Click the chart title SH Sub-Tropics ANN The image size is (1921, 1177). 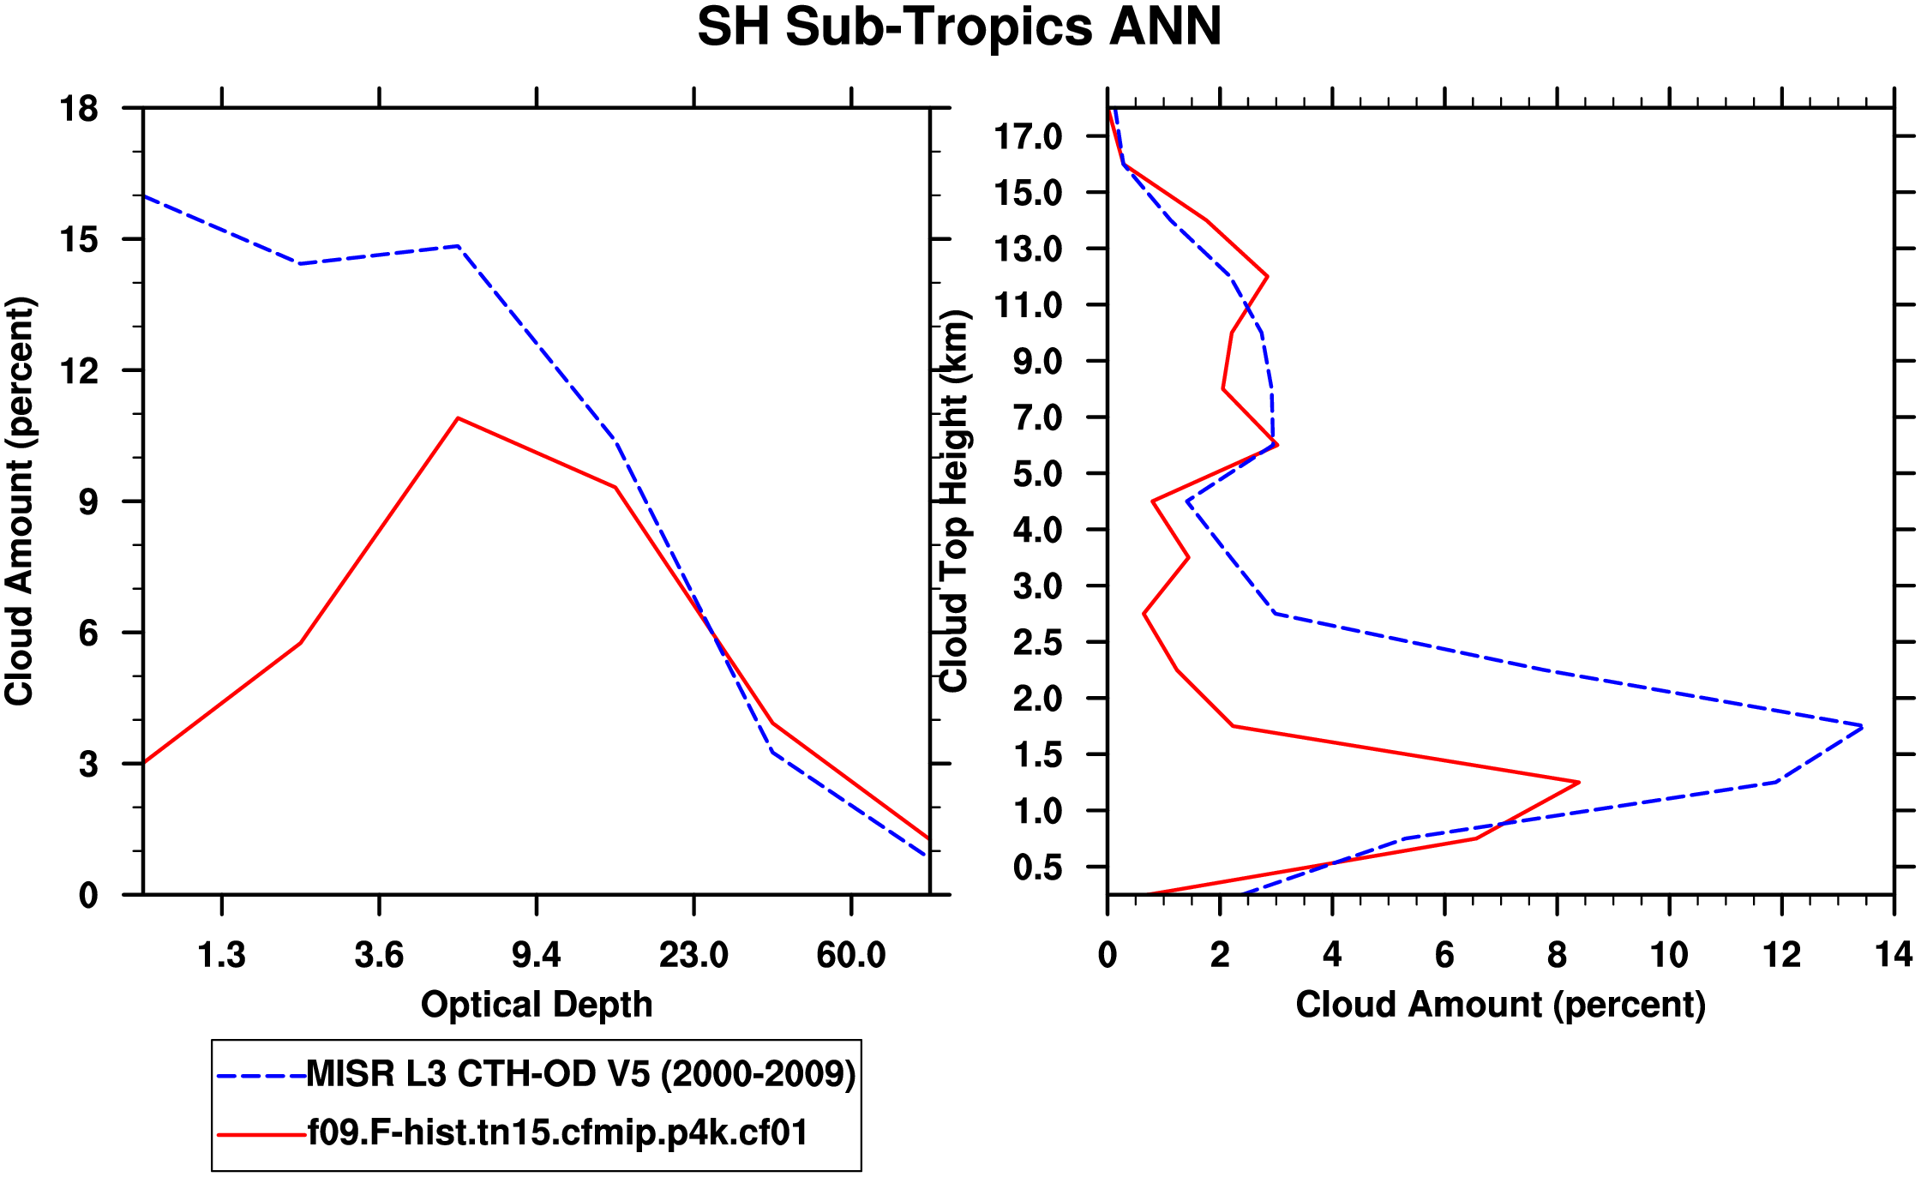[x=959, y=27]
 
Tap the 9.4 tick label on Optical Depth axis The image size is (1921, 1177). [x=536, y=954]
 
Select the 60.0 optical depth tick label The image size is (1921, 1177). [x=850, y=954]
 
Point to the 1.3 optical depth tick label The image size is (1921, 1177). [x=221, y=954]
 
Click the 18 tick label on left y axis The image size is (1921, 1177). [x=79, y=109]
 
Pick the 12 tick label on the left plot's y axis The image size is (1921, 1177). [x=79, y=370]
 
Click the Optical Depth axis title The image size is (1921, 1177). [x=537, y=1004]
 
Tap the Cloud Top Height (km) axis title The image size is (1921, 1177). [x=953, y=501]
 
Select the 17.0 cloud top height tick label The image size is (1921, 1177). [x=1027, y=136]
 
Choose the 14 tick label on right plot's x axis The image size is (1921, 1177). [x=1894, y=954]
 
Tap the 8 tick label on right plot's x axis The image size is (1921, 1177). [x=1557, y=954]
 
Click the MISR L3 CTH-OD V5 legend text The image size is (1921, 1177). [x=581, y=1074]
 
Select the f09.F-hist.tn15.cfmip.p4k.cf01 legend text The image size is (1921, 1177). [x=558, y=1133]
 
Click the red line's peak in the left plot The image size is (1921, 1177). [x=459, y=418]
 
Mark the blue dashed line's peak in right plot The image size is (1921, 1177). [x=1862, y=727]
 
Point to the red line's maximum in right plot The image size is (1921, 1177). [x=1578, y=782]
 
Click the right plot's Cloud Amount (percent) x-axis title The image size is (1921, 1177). [x=1500, y=1004]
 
